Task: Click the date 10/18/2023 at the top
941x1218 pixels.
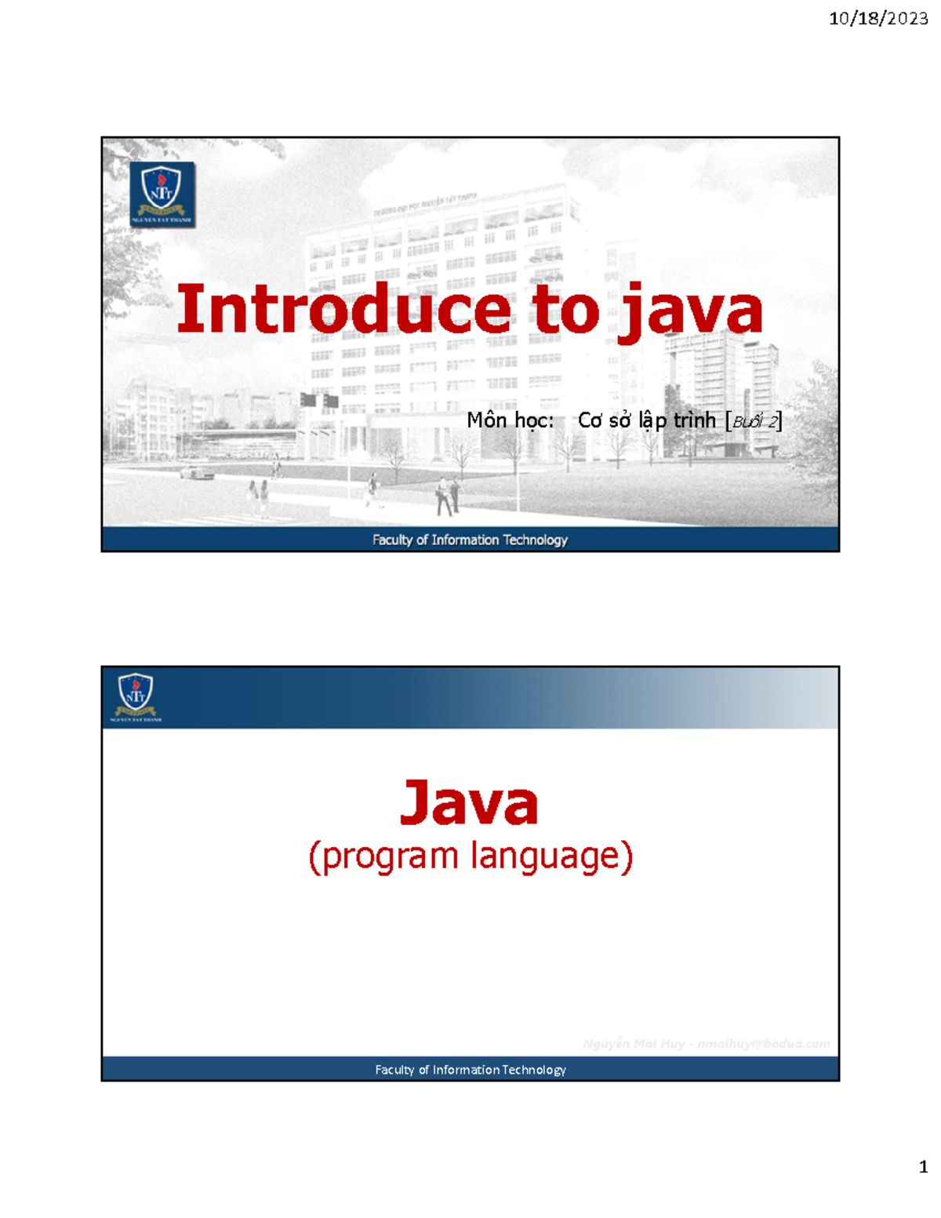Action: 877,18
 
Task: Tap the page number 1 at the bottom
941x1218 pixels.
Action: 923,1166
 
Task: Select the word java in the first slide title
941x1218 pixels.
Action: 690,312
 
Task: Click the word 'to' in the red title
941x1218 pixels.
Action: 565,311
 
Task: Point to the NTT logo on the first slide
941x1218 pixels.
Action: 162,195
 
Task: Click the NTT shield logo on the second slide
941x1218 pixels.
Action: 136,696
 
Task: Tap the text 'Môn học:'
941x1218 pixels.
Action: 510,420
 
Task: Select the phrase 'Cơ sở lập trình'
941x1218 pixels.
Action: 647,420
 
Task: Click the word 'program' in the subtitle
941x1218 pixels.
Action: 390,856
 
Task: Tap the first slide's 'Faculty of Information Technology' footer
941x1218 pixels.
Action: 470,540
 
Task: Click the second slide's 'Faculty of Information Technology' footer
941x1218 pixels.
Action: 470,1070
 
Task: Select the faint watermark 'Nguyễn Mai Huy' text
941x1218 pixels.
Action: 634,1044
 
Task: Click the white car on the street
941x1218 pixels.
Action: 196,472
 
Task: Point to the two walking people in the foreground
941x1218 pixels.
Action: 448,496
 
